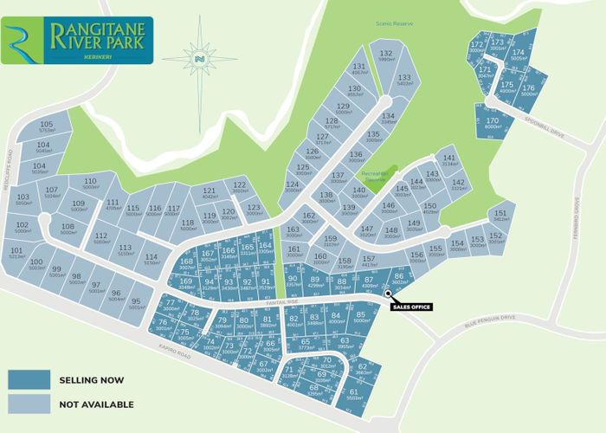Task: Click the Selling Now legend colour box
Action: tap(29, 379)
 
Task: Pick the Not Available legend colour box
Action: tap(29, 404)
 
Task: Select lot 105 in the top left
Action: tap(47, 127)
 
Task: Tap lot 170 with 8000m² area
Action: tap(493, 123)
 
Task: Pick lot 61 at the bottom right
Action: tap(354, 394)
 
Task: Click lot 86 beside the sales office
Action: tap(399, 279)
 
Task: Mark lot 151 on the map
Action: tap(501, 216)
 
